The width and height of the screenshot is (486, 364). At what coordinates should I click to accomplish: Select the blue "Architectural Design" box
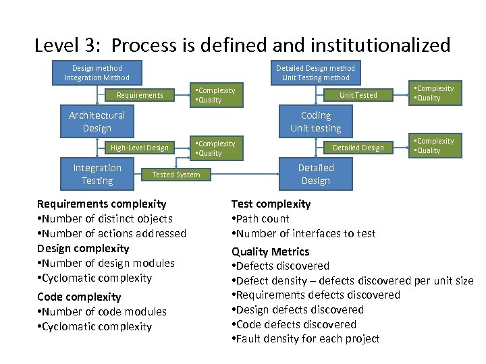[97, 121]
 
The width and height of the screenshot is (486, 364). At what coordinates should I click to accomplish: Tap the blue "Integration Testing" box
[97, 174]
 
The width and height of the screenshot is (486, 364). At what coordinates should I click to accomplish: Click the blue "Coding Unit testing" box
[316, 121]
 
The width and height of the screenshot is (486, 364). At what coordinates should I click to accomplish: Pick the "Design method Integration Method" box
[97, 73]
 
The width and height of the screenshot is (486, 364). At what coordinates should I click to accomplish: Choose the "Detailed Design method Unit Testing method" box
[315, 73]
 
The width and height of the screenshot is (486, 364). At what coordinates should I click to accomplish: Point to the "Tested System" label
[176, 175]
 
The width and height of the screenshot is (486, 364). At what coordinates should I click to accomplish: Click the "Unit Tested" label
[358, 95]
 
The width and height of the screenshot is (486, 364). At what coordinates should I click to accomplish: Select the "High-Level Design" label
[140, 148]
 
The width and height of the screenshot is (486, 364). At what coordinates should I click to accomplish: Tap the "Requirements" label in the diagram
[140, 95]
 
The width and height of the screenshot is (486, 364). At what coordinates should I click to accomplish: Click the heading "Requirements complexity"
[101, 204]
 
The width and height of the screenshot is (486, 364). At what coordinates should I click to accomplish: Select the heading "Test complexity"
[271, 204]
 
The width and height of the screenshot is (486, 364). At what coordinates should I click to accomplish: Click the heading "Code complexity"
[79, 297]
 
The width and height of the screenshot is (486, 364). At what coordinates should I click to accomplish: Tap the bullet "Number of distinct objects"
[105, 218]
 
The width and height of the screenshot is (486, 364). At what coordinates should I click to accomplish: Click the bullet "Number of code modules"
[102, 311]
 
